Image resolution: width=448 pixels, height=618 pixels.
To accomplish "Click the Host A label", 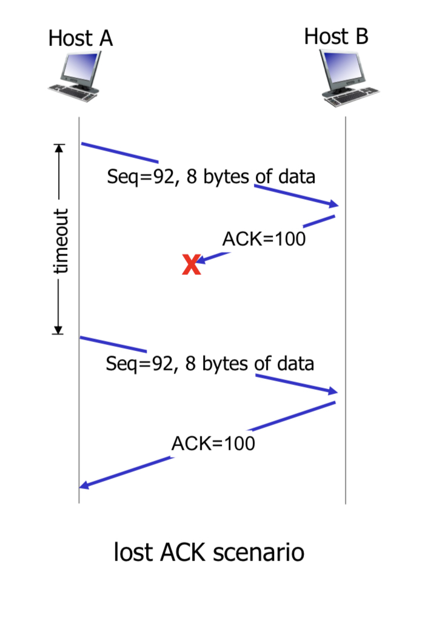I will [x=80, y=39].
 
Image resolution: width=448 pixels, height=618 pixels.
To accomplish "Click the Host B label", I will [x=336, y=36].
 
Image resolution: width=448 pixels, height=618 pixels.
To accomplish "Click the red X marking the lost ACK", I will [x=192, y=265].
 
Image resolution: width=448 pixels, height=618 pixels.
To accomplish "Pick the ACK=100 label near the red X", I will [x=264, y=239].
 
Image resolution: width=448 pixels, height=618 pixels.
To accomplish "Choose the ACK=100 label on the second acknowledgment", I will [x=213, y=444].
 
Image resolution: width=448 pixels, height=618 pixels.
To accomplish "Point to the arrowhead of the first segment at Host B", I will [x=333, y=205].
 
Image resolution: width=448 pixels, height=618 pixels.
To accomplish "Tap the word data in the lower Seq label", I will [x=294, y=364].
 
